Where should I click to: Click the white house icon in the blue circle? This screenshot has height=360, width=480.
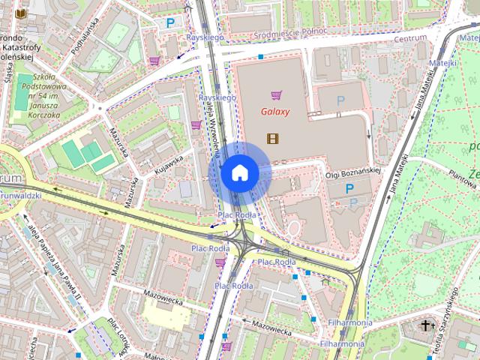point(240,173)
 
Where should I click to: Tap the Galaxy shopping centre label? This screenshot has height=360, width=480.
point(276,112)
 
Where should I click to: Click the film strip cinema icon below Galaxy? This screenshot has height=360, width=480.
point(271,137)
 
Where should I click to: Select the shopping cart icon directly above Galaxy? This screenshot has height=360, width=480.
point(277,95)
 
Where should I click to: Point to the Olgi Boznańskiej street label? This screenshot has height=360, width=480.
point(355,173)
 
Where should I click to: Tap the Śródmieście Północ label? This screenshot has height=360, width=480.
point(276,32)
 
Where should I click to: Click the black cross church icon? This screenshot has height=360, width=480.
point(427,325)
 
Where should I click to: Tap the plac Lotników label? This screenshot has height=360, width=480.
point(115,334)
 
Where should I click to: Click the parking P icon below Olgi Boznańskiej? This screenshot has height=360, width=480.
point(350,190)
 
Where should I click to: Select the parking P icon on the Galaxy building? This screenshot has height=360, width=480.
point(341,100)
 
